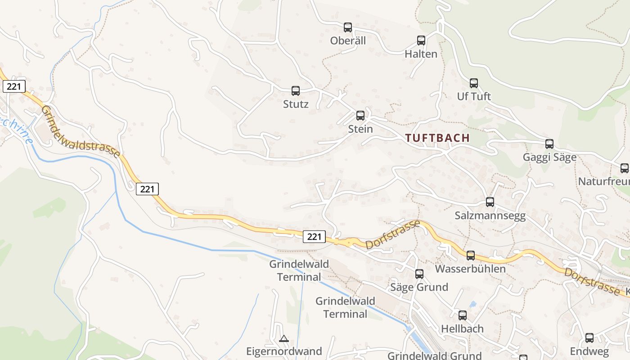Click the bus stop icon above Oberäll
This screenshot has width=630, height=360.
click(348, 27)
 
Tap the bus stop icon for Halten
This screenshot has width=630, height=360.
click(421, 40)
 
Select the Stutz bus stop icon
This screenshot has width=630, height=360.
click(296, 91)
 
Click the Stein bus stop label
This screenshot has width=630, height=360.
click(360, 129)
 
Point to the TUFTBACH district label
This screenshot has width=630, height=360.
click(437, 138)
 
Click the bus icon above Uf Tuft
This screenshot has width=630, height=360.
click(474, 83)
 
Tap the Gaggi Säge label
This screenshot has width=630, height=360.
click(549, 157)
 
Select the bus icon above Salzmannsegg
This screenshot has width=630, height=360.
click(490, 202)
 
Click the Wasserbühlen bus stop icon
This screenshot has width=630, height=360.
click(471, 256)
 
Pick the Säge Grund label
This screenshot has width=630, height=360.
click(419, 287)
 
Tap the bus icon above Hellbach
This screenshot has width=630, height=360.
click(463, 315)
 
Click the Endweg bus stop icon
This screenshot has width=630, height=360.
click(589, 338)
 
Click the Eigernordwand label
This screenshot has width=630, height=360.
click(284, 351)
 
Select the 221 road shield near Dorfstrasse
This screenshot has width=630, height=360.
click(314, 236)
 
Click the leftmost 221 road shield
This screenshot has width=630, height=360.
click(14, 86)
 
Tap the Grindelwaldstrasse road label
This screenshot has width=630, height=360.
click(81, 132)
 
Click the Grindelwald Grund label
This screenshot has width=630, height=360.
click(434, 355)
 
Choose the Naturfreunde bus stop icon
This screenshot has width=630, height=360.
click(625, 168)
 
